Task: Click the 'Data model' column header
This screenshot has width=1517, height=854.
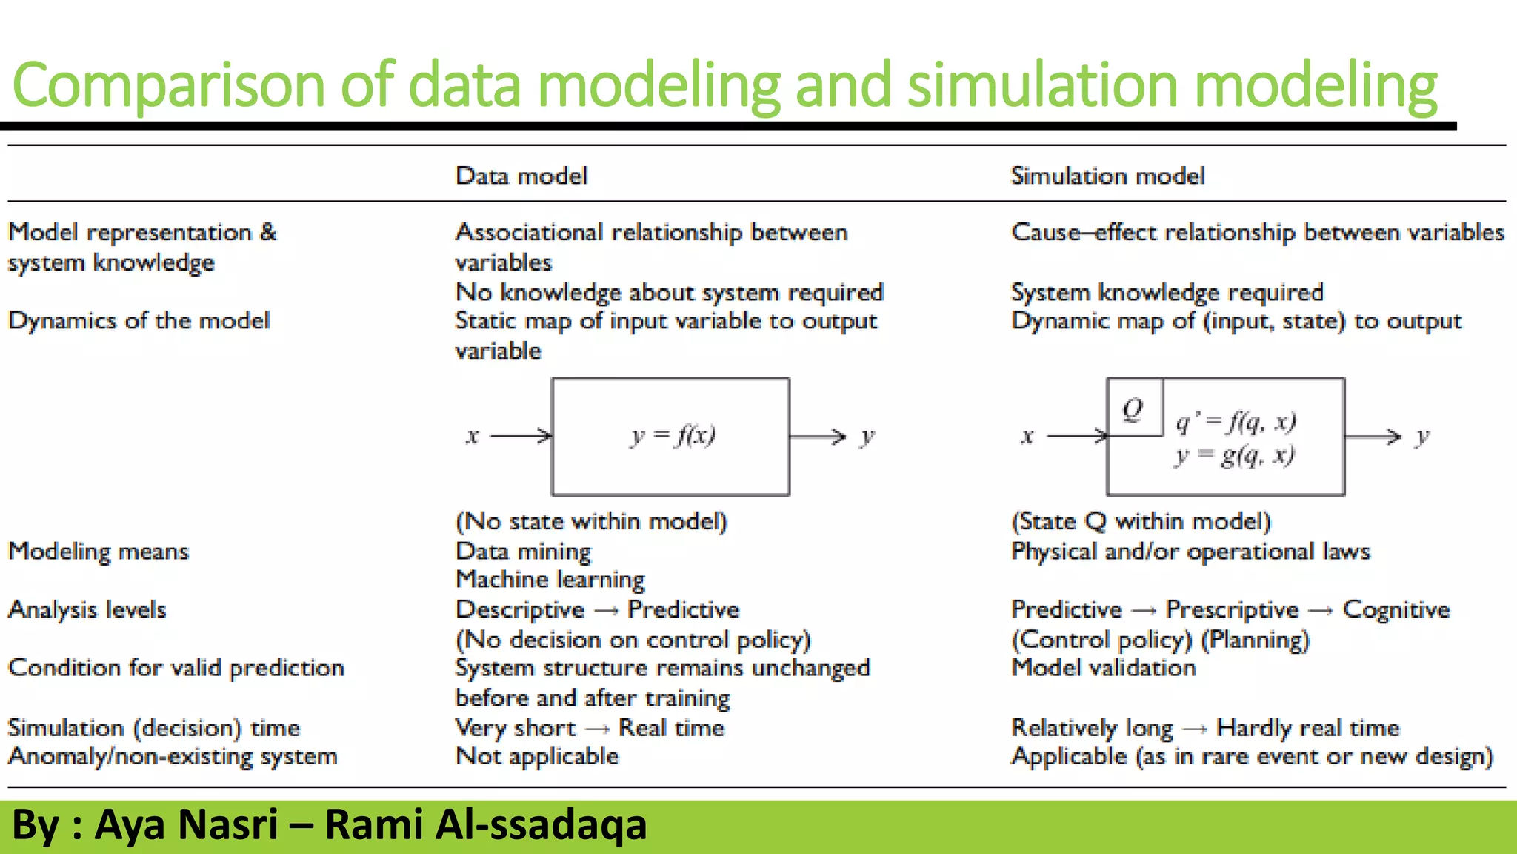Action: click(521, 176)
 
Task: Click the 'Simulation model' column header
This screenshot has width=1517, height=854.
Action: click(1107, 176)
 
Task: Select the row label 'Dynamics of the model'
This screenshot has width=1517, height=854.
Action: click(139, 320)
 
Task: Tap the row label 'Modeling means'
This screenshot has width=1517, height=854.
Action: click(99, 551)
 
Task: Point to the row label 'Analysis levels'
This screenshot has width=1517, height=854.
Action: click(87, 609)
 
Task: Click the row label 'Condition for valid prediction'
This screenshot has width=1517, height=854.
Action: click(176, 668)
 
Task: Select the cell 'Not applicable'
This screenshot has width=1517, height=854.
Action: click(537, 756)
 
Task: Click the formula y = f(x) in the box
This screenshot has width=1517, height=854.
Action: click(673, 435)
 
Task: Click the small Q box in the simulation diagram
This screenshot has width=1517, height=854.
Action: click(1134, 408)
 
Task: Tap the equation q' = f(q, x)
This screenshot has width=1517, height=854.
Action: click(1236, 422)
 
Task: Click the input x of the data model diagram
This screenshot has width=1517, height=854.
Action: click(472, 436)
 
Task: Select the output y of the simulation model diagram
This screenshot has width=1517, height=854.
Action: click(1421, 437)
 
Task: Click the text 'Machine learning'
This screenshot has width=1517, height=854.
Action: click(550, 580)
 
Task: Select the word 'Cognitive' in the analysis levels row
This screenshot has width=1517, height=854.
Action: click(1396, 609)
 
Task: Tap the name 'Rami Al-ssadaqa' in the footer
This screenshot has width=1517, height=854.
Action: click(485, 824)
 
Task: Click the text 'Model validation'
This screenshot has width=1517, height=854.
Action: click(1103, 668)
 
